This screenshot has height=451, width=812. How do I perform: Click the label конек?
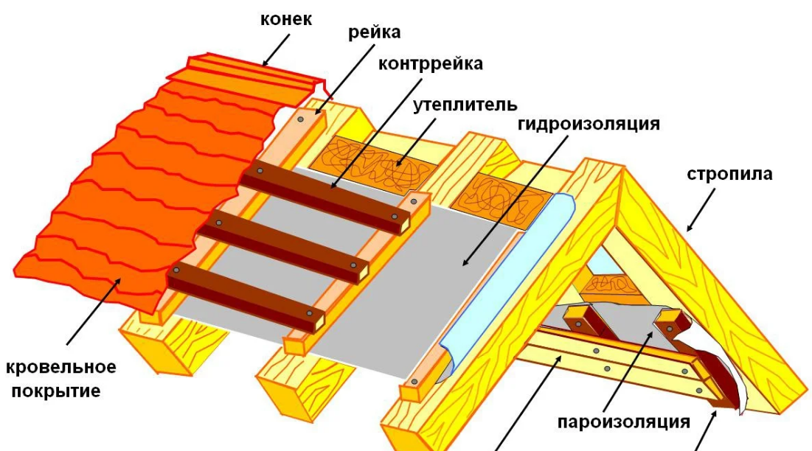[x=285, y=20]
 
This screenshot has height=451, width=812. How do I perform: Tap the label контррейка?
[x=431, y=63]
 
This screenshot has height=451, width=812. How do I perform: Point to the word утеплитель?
[x=465, y=105]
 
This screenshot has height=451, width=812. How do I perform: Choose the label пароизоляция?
[x=623, y=422]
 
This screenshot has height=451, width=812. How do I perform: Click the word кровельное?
[x=60, y=367]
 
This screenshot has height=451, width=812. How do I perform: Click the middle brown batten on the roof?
[x=284, y=243]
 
